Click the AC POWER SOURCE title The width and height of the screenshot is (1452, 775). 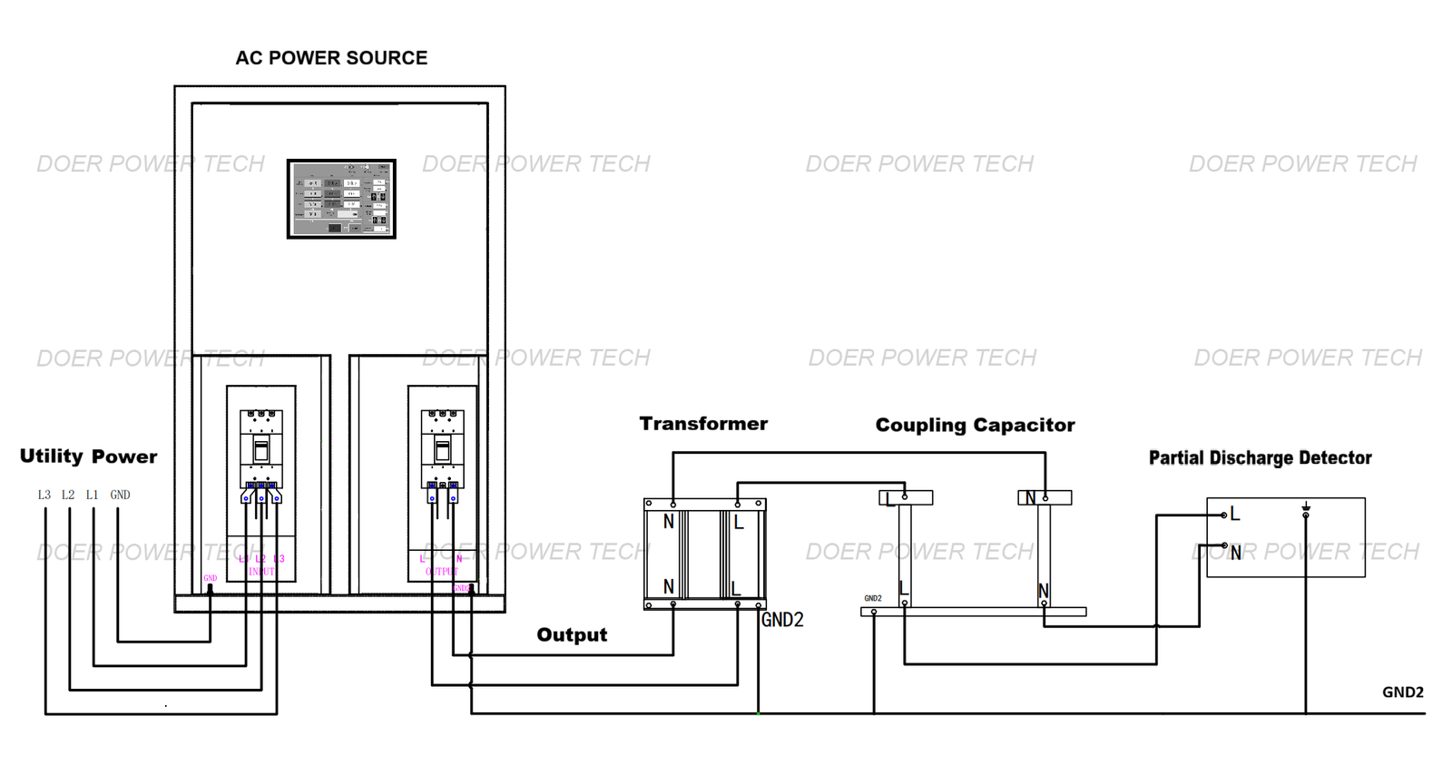pyautogui.click(x=331, y=58)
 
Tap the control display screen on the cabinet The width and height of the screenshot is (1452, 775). pyautogui.click(x=341, y=199)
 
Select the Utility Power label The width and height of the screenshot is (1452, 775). pyautogui.click(x=88, y=456)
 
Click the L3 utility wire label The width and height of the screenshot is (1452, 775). pyautogui.click(x=44, y=495)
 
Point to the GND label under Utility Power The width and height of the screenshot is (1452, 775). pyautogui.click(x=120, y=495)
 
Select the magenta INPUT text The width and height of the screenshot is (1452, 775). pyautogui.click(x=261, y=572)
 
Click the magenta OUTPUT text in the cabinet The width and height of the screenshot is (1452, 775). pyautogui.click(x=442, y=572)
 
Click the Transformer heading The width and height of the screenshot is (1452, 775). pyautogui.click(x=703, y=424)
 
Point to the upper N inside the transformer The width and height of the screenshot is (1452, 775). pyautogui.click(x=669, y=522)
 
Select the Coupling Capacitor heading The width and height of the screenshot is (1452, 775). pyautogui.click(x=975, y=425)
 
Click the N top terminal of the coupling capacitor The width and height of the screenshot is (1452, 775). pyautogui.click(x=1031, y=497)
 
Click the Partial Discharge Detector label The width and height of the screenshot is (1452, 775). pyautogui.click(x=1260, y=458)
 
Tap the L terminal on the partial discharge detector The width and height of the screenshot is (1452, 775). pyautogui.click(x=1234, y=515)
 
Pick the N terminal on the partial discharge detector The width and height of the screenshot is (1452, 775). pyautogui.click(x=1235, y=552)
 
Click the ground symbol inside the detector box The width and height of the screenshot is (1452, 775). pyautogui.click(x=1306, y=509)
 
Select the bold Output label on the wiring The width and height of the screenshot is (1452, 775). pyautogui.click(x=572, y=635)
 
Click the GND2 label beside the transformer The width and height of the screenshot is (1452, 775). pyautogui.click(x=782, y=620)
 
